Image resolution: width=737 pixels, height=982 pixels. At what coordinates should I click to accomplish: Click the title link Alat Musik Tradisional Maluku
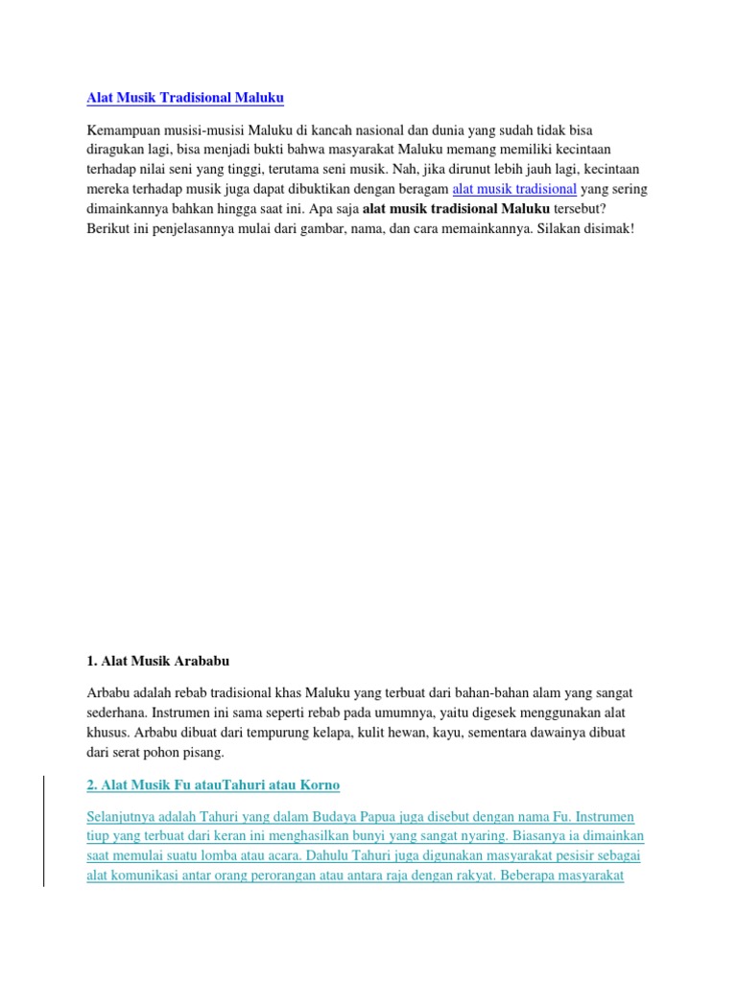[x=185, y=98]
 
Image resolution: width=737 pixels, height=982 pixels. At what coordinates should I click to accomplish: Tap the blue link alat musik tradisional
[x=513, y=189]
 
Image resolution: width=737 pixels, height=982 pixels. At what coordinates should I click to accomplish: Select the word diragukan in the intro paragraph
[x=118, y=150]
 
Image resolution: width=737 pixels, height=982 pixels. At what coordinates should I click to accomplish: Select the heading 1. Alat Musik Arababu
[x=158, y=661]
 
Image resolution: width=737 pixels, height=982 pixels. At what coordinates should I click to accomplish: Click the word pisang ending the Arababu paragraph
[x=202, y=752]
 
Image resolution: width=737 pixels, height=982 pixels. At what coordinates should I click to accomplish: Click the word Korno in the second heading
[x=321, y=785]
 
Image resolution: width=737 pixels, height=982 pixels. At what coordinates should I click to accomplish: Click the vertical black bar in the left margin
[x=43, y=817]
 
